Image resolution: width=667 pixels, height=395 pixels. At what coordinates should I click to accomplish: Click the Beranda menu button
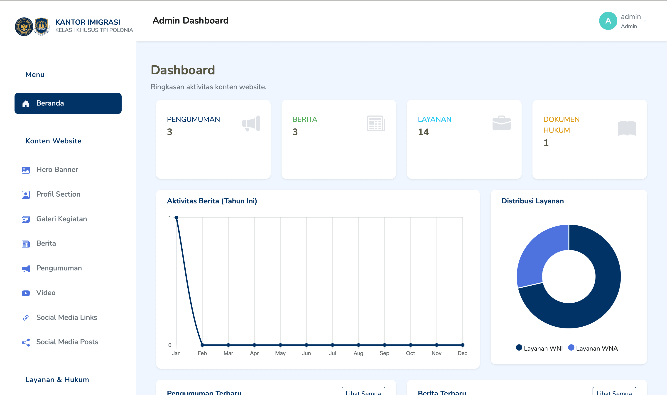[x=68, y=103]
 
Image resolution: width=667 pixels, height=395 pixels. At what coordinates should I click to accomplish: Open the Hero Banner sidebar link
[x=57, y=170]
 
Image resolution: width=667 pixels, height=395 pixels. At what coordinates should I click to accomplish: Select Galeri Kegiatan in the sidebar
[x=61, y=219]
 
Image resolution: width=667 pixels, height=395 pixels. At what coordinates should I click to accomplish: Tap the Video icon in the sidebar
[x=26, y=293]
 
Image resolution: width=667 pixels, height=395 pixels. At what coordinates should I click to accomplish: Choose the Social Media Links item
[x=66, y=317]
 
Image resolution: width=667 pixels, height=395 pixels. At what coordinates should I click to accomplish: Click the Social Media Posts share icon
[x=26, y=342]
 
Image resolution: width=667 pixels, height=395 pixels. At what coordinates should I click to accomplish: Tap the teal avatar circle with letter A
[x=608, y=21]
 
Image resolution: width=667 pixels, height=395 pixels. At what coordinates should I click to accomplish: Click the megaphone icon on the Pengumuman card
[x=251, y=123]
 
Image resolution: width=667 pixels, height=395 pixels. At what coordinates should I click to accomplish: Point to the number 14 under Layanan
[x=423, y=132]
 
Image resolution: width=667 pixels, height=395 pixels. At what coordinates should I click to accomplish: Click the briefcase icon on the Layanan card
[x=501, y=123]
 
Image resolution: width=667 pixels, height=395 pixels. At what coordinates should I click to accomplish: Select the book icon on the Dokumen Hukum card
[x=627, y=128]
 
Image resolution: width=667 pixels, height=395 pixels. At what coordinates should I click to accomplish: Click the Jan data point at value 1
[x=176, y=218]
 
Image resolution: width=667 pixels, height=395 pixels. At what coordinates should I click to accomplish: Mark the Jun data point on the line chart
[x=306, y=345]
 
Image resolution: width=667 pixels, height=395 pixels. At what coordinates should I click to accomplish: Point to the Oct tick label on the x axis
[x=410, y=353]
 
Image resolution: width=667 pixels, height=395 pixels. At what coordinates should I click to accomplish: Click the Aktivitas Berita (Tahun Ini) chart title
[x=212, y=201]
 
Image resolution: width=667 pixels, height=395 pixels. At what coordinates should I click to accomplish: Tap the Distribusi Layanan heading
[x=532, y=201]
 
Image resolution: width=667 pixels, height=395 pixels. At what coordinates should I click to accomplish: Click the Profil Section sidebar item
[x=58, y=194]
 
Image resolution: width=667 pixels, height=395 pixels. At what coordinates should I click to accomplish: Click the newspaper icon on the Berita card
[x=376, y=123]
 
